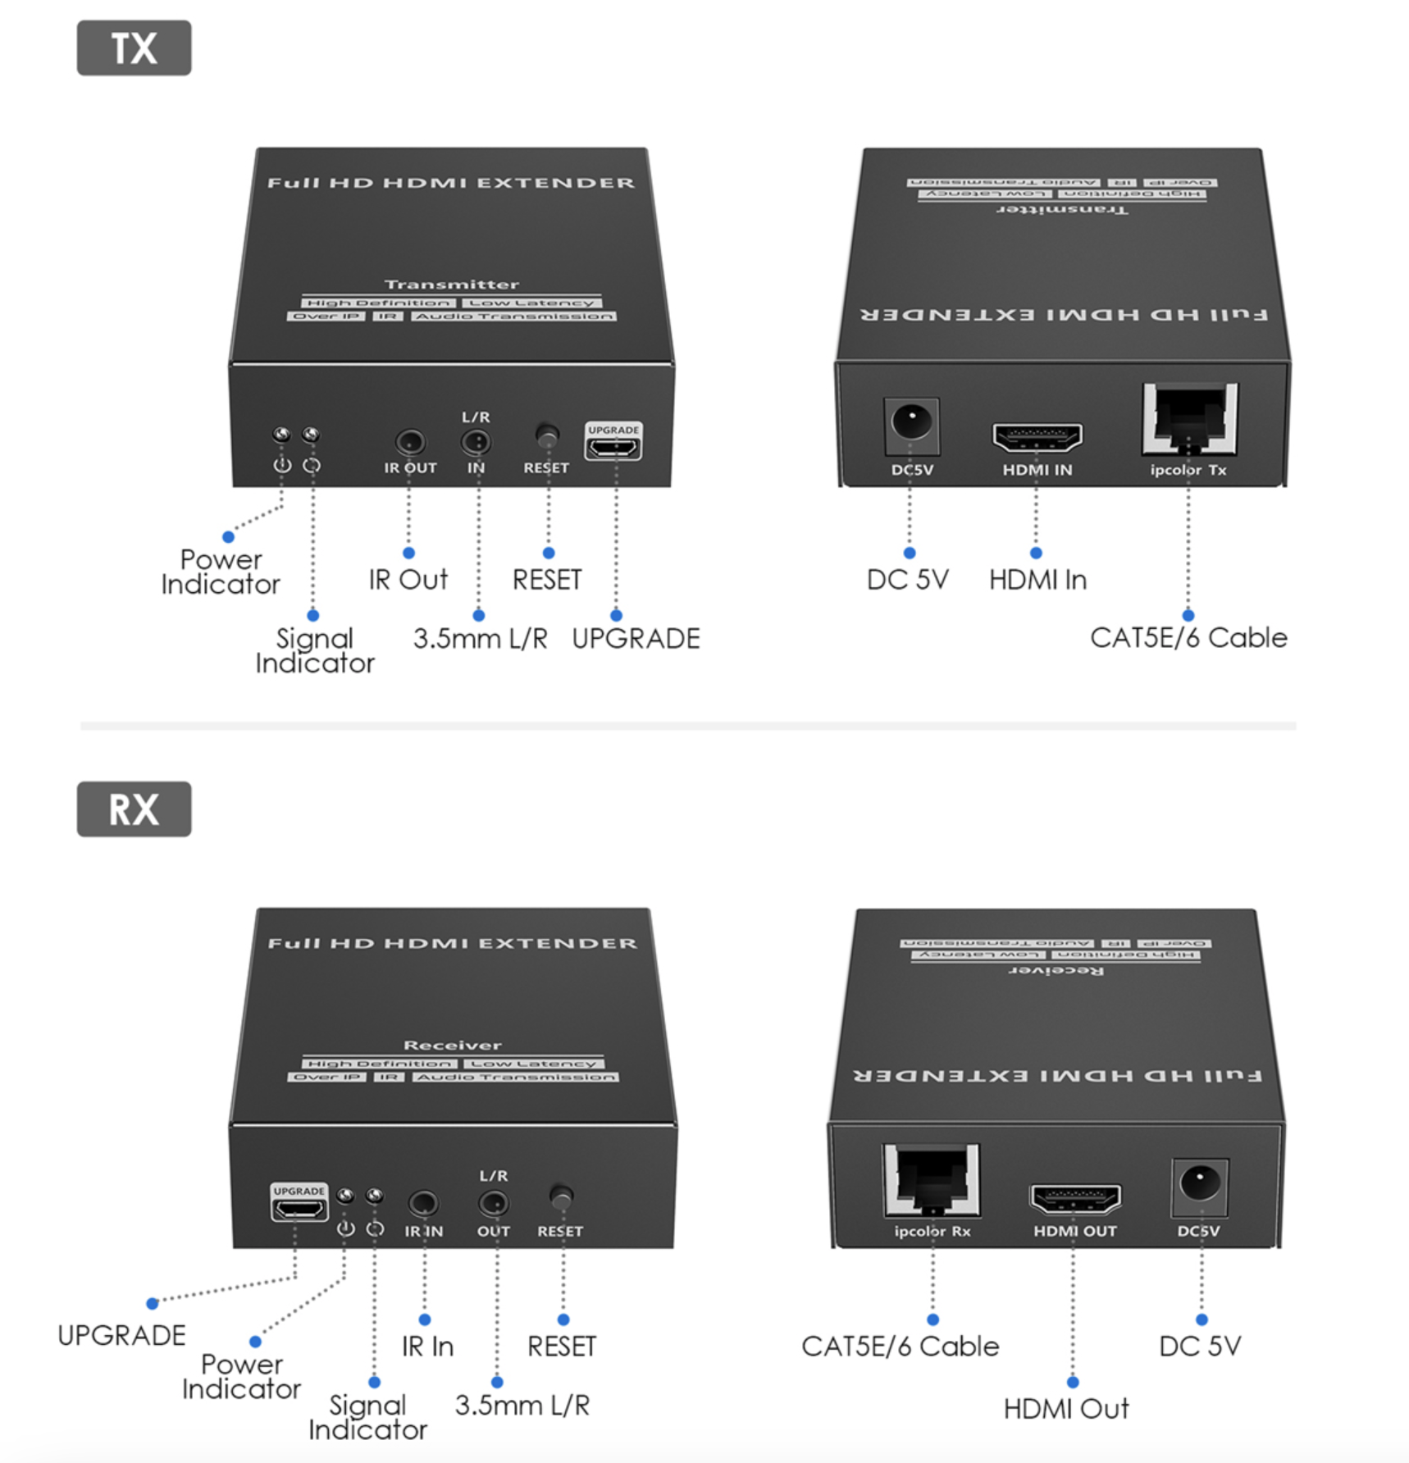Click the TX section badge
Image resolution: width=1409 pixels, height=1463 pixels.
[134, 48]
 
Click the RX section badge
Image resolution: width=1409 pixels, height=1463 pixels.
[134, 809]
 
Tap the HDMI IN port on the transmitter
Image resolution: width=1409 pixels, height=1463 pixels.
[1037, 437]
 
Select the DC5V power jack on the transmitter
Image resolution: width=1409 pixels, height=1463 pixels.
[911, 424]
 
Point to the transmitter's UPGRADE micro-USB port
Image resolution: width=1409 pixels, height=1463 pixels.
[613, 447]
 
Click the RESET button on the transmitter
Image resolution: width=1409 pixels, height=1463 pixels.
[546, 435]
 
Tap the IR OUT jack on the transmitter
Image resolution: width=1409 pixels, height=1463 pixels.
[410, 443]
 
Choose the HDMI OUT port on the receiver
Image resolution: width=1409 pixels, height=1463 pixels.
[1075, 1200]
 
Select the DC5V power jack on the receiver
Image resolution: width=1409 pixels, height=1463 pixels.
[1200, 1184]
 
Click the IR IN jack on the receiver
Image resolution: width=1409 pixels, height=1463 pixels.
[423, 1203]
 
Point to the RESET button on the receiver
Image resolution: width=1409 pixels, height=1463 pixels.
[561, 1196]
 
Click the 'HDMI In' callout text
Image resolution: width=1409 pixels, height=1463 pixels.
[1037, 580]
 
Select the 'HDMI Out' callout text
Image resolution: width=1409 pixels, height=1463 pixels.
[1066, 1409]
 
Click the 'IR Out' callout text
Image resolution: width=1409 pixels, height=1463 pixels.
[408, 580]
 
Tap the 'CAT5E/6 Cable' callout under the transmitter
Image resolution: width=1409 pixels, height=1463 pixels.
[1188, 638]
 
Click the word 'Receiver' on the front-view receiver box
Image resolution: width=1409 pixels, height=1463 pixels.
[452, 1045]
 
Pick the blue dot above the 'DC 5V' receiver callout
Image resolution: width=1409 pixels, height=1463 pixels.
[1202, 1319]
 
